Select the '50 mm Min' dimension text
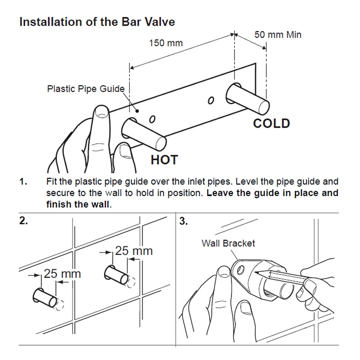(x=278, y=34)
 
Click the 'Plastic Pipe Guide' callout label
(x=85, y=89)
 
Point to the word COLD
(x=271, y=123)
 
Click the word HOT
(x=164, y=159)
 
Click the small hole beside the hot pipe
(x=152, y=119)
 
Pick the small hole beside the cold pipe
(x=210, y=99)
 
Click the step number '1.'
(x=24, y=182)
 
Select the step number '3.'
(x=184, y=221)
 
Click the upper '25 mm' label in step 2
(x=134, y=251)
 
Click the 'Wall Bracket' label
(x=228, y=243)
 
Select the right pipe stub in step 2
(x=117, y=275)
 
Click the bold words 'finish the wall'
(x=77, y=204)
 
